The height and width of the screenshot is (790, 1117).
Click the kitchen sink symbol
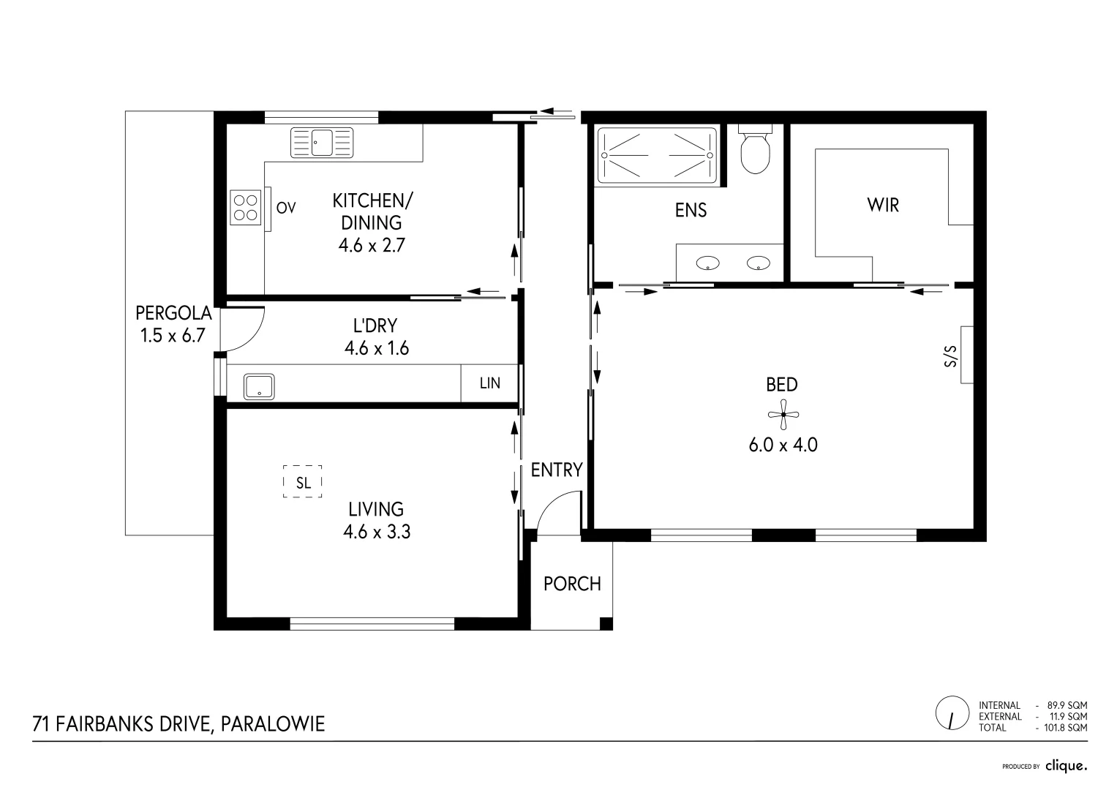[322, 143]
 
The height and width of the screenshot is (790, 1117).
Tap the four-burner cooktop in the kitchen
[245, 207]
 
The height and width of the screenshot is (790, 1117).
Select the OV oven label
[286, 208]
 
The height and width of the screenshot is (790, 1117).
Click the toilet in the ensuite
[755, 150]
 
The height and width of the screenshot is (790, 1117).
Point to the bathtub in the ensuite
[657, 155]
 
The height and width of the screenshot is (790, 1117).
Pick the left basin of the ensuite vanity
[707, 263]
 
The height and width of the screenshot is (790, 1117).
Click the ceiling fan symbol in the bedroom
[783, 415]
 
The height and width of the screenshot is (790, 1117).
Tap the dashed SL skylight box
[303, 482]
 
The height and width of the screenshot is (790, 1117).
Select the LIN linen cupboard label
[489, 383]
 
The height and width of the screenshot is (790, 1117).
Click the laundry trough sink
[259, 386]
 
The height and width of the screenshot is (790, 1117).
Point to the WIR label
[883, 206]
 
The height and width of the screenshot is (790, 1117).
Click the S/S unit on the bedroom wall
[966, 355]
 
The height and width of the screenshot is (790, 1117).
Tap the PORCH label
[572, 584]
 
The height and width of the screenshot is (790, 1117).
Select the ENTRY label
[557, 470]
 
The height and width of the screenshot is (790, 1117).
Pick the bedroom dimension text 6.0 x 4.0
[783, 444]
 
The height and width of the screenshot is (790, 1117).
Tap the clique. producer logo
[1066, 766]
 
